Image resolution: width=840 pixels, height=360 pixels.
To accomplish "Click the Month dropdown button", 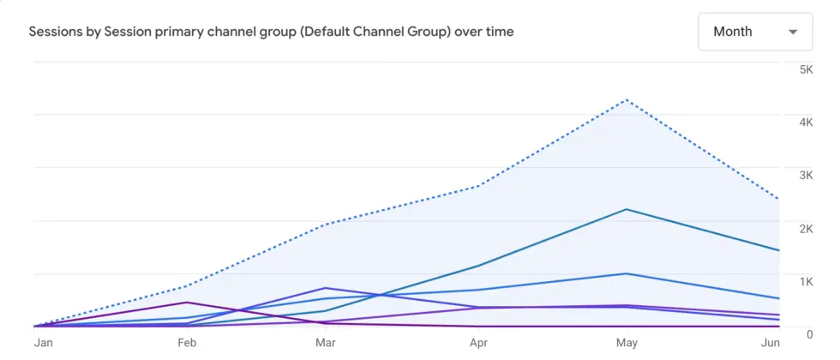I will point(755,32).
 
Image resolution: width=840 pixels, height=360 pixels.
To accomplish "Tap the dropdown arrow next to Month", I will point(793,33).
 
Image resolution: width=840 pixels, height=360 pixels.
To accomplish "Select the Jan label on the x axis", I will point(43,343).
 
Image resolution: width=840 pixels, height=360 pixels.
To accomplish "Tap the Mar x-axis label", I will point(325,343).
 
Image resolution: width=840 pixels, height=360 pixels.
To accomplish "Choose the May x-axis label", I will point(628,343).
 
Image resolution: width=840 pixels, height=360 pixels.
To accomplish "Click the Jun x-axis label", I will point(771,343).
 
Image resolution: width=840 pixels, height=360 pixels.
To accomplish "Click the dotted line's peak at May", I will point(628,99).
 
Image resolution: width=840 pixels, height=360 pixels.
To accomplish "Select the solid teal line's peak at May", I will point(628,209).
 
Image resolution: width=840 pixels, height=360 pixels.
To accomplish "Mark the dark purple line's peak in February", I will point(185,302).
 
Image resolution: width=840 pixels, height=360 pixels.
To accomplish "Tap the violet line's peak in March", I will point(325,287).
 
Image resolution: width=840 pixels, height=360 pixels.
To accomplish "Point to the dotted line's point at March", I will point(325,224).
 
